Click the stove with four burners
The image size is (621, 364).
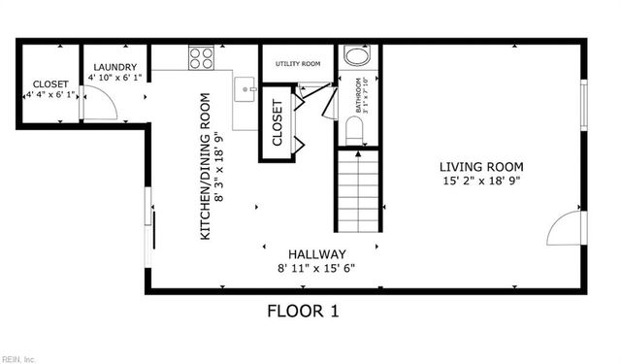(201, 58)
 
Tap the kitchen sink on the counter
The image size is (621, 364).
(246, 88)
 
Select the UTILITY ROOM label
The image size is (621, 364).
(298, 64)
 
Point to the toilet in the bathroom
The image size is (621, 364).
(354, 131)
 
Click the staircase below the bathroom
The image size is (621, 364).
(358, 189)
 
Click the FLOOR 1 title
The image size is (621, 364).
(303, 312)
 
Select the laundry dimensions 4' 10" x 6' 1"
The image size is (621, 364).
(114, 76)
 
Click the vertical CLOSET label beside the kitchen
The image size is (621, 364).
(277, 123)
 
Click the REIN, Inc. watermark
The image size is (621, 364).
(19, 358)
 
